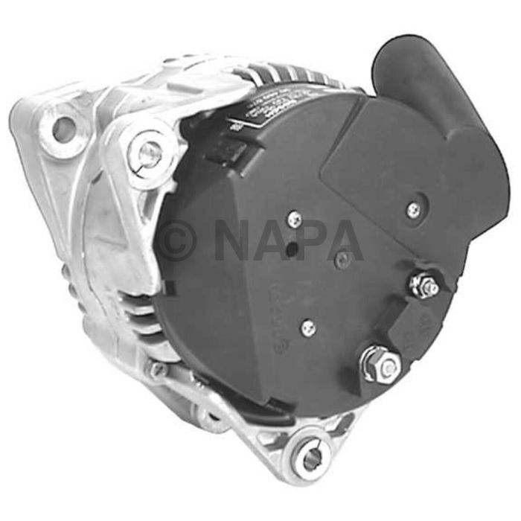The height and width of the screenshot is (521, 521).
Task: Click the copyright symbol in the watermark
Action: pyautogui.click(x=176, y=240)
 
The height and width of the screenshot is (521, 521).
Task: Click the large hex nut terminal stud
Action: pyautogui.click(x=381, y=364)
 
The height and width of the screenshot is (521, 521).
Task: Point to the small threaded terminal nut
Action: pyautogui.click(x=424, y=285)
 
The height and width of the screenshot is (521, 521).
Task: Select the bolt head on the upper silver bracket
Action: pyautogui.click(x=149, y=153)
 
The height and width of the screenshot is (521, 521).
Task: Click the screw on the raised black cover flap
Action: pyautogui.click(x=413, y=210)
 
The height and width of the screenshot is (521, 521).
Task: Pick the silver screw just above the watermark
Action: pyautogui.click(x=295, y=219)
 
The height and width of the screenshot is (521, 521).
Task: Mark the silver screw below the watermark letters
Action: pyautogui.click(x=307, y=327)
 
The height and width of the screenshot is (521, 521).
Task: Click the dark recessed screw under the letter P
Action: pyautogui.click(x=342, y=260)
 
